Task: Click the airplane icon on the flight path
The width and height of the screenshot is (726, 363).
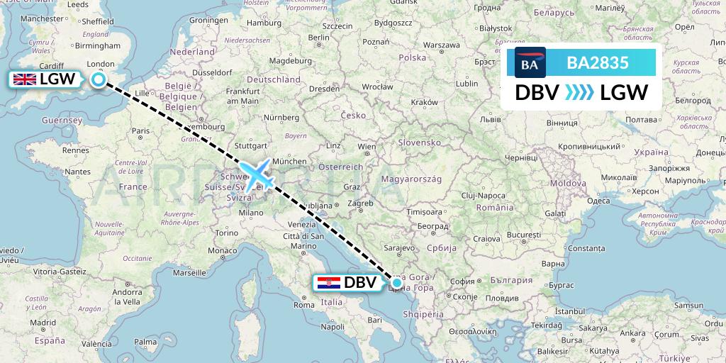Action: [256, 175]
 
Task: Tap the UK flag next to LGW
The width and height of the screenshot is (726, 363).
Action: [26, 79]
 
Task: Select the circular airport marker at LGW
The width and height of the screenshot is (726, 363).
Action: [98, 79]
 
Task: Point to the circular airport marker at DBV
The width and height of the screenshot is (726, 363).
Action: [397, 283]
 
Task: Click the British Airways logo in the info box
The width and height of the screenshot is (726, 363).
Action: [525, 63]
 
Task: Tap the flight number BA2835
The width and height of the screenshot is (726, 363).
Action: [598, 62]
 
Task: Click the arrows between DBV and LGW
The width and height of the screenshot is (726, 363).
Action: [579, 93]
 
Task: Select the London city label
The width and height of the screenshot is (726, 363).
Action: [100, 63]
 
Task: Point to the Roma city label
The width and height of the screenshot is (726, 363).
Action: [303, 305]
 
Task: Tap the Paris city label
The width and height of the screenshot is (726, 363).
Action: [140, 130]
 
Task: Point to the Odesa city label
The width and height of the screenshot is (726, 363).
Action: [598, 201]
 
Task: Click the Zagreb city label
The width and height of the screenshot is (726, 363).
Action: [360, 203]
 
